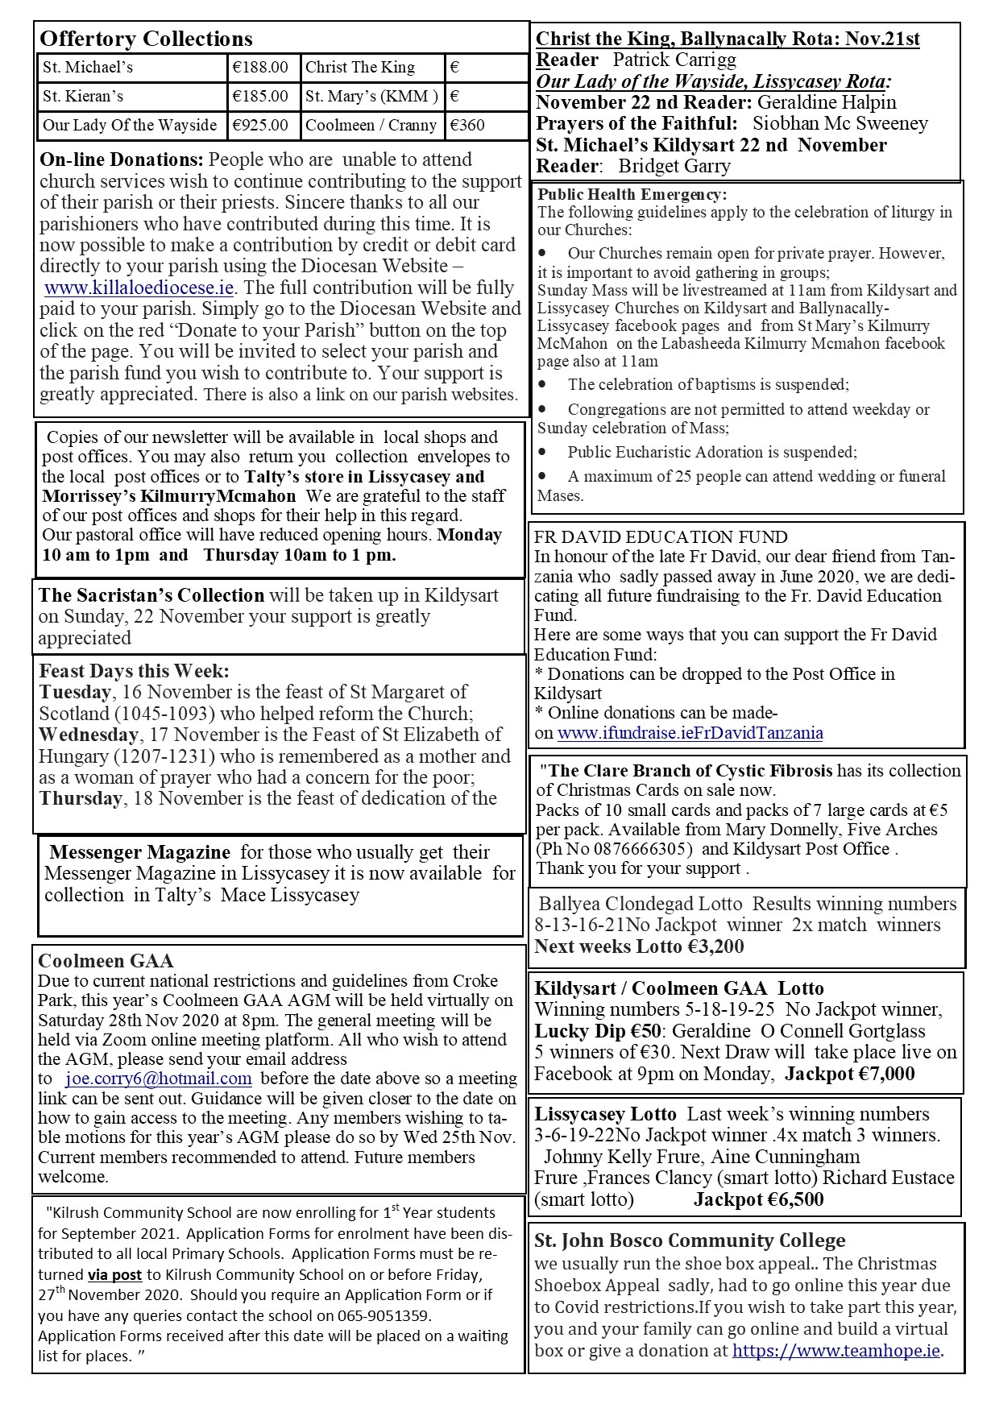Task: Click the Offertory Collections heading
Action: point(146,39)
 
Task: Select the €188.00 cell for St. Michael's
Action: point(259,68)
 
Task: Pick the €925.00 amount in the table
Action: point(259,125)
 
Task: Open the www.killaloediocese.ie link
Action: point(139,288)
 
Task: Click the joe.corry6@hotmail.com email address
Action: point(159,1079)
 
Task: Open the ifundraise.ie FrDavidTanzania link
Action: point(690,732)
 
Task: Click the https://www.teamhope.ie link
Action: point(836,1351)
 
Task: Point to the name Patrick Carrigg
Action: point(674,60)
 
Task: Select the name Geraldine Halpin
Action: point(827,102)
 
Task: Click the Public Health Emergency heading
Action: point(632,195)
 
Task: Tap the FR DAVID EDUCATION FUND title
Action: point(661,537)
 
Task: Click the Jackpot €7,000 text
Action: point(849,1073)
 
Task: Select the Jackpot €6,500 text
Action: point(758,1199)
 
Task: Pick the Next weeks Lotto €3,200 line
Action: point(639,946)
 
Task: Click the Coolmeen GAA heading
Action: point(106,960)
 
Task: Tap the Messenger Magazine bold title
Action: point(140,852)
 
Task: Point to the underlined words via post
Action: point(114,1275)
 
